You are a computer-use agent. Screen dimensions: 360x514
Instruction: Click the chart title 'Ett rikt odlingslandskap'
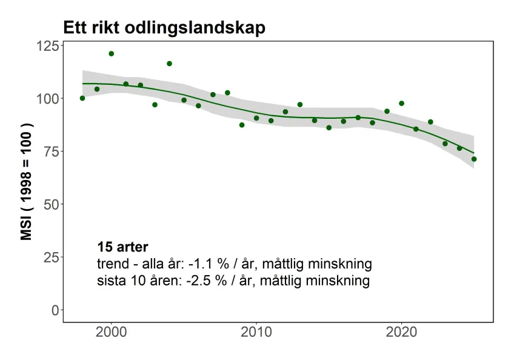[164, 28]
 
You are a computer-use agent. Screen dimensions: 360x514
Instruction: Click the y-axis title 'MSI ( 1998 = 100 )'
[26, 181]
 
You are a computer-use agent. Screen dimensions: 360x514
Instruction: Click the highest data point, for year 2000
[112, 53]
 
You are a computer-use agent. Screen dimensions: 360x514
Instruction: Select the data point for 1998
[82, 98]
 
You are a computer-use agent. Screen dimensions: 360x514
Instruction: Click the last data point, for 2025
[474, 159]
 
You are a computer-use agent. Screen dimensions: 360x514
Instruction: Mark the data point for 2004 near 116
[169, 64]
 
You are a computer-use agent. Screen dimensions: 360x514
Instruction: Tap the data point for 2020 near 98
[401, 103]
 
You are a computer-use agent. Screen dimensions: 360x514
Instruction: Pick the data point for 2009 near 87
[242, 125]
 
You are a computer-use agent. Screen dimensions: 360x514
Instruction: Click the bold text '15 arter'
[122, 247]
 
